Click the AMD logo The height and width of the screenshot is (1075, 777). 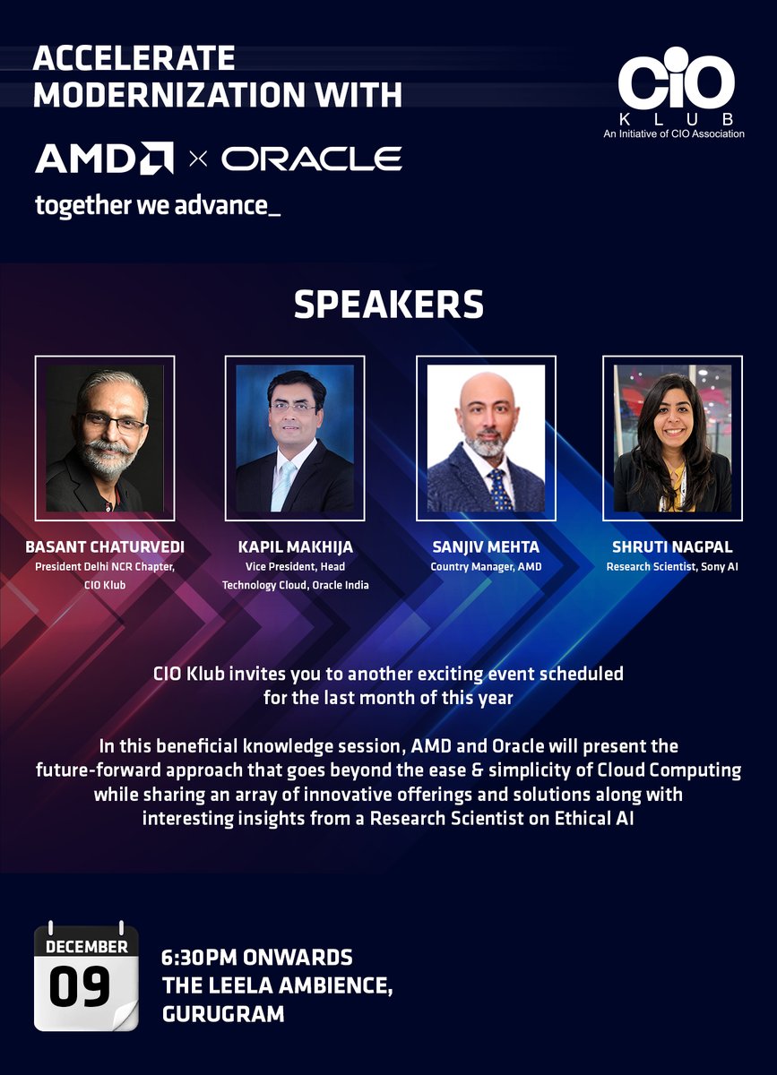point(104,159)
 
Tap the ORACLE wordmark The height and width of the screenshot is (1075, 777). point(311,159)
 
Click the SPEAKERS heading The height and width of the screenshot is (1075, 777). point(388,305)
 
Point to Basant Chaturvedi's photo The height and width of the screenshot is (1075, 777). point(105,438)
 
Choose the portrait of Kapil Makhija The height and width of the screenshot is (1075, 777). point(295,438)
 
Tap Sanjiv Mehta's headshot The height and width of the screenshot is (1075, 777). point(486,438)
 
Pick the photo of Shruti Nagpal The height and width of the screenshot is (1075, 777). point(672,438)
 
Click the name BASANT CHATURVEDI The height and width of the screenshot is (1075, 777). point(105,547)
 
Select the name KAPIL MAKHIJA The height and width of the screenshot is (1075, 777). point(295,547)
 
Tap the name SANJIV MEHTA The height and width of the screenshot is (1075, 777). point(486,547)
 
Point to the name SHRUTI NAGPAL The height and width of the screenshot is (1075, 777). point(672,547)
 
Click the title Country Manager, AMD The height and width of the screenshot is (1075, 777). point(486,566)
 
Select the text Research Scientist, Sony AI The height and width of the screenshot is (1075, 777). point(672,566)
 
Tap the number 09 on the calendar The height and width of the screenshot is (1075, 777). point(80,986)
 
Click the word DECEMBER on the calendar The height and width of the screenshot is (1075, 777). point(87,946)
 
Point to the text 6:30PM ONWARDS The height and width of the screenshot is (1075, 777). point(257,958)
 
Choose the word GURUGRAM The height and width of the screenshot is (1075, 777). point(223,1014)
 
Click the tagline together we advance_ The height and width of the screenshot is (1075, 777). point(158,205)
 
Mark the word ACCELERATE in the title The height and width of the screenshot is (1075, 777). point(134,59)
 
